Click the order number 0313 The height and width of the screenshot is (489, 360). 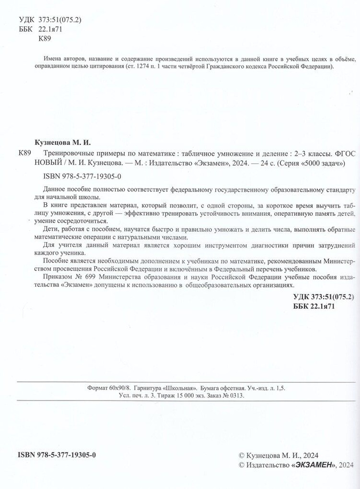click(x=234, y=398)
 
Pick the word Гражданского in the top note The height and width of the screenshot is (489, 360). click(x=225, y=67)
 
